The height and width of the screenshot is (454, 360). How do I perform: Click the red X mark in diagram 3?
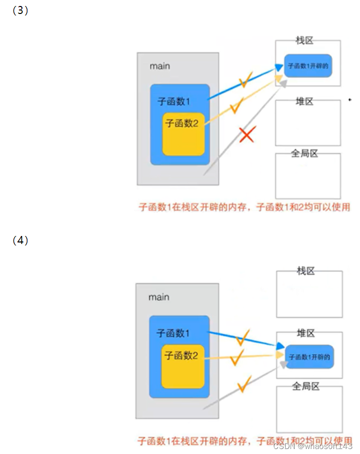click(247, 135)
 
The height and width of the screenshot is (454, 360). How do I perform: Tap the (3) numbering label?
click(20, 11)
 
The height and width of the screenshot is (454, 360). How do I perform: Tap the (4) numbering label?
click(20, 240)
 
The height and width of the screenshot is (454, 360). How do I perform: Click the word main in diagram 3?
click(160, 66)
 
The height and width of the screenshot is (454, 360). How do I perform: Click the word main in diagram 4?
click(159, 297)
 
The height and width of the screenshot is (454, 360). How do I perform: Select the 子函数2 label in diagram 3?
click(182, 123)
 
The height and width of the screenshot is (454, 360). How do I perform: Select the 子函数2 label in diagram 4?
click(181, 356)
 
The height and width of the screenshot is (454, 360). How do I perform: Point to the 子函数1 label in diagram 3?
click(174, 101)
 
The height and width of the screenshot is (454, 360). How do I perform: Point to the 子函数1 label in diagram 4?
click(173, 333)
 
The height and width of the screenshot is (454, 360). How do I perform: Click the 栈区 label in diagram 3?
click(304, 40)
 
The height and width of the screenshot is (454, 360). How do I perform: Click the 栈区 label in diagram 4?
click(306, 271)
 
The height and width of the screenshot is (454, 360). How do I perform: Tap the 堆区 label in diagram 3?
click(304, 102)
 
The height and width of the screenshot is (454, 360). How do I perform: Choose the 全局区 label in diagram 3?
click(304, 154)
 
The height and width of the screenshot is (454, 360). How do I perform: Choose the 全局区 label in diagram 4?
click(306, 386)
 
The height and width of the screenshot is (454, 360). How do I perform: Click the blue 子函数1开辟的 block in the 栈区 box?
click(308, 65)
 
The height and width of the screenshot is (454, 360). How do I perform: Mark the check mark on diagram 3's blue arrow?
click(245, 80)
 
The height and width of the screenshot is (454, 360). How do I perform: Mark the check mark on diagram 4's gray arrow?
click(244, 384)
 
